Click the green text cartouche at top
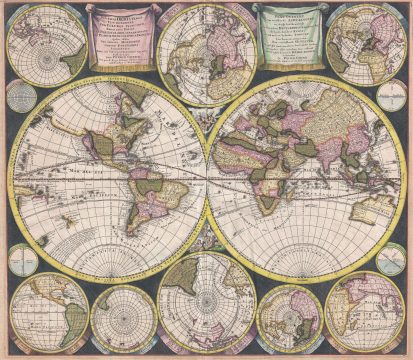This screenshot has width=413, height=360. coord(289,37)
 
